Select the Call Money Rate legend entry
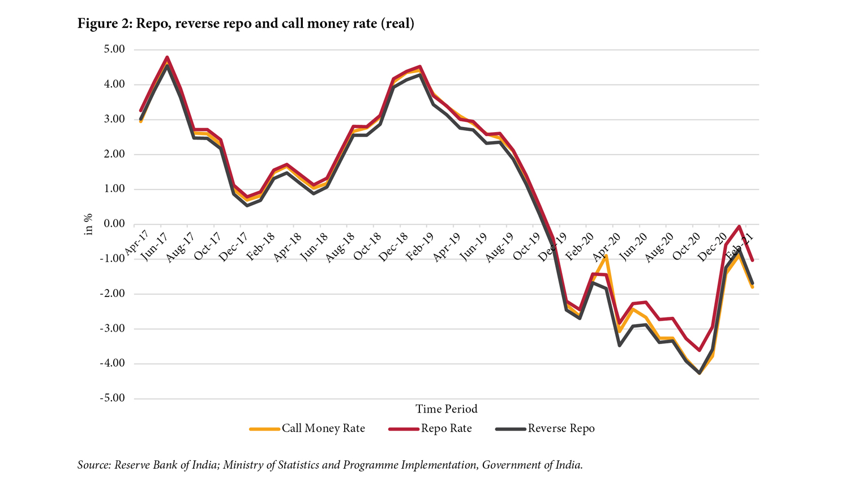click(x=323, y=428)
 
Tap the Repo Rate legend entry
click(x=446, y=428)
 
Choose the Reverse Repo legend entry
click(x=561, y=428)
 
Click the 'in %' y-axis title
click(x=88, y=224)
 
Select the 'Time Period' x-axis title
click(x=446, y=409)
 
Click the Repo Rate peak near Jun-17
click(x=167, y=57)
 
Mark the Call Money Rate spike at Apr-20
click(x=607, y=256)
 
